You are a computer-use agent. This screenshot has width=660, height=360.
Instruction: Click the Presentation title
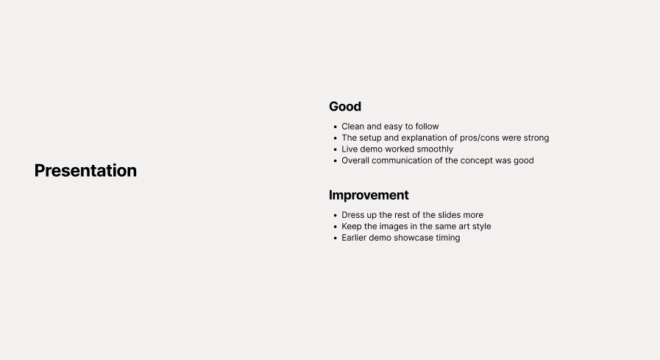point(85,171)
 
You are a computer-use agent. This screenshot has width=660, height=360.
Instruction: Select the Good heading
point(345,107)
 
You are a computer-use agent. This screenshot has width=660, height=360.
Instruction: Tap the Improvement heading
point(369,195)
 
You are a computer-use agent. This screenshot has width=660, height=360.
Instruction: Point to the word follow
point(427,127)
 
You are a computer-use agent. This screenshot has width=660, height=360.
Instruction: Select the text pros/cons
point(484,138)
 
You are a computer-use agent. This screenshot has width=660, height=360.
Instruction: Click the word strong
point(536,138)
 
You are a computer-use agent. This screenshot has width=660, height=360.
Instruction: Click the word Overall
point(355,160)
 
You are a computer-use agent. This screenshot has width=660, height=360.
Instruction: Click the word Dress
point(352,215)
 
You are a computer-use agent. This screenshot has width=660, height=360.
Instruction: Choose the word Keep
point(352,227)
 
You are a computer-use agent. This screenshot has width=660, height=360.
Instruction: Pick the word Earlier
point(355,238)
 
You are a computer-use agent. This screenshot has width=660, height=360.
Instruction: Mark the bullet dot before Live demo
point(335,149)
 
